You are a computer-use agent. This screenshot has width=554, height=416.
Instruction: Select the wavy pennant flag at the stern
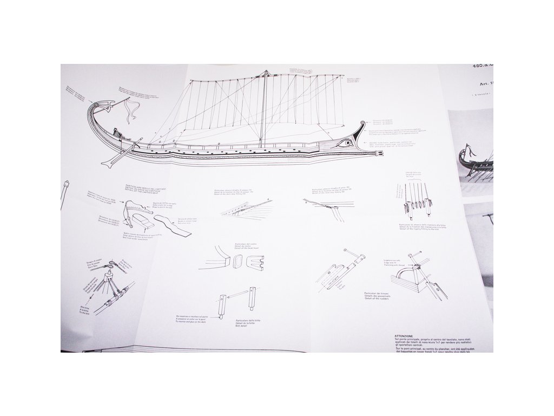tap(129, 112)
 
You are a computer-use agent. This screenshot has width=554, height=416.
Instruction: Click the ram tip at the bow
tap(378, 156)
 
